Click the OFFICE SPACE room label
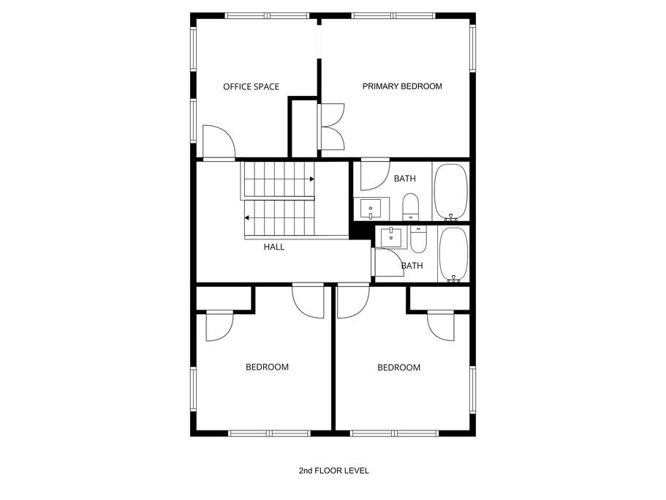tap(251, 86)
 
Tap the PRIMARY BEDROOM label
tap(402, 86)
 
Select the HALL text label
tap(274, 247)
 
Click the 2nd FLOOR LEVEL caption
tap(334, 471)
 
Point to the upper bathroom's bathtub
tap(450, 193)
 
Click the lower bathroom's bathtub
tap(454, 254)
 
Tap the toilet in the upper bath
tap(410, 207)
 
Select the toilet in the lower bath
tap(418, 239)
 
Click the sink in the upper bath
tap(371, 209)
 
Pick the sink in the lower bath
tap(391, 238)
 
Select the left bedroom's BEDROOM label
tap(267, 367)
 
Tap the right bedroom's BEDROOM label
tap(399, 367)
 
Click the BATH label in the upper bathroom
tap(405, 179)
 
